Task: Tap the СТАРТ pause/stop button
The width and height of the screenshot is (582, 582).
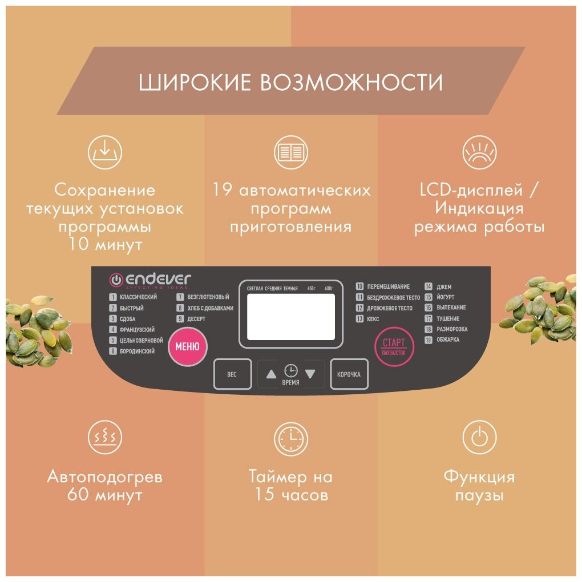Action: pyautogui.click(x=394, y=346)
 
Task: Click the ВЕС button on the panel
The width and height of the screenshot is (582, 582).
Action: pyautogui.click(x=232, y=375)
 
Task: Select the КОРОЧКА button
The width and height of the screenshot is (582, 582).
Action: pyautogui.click(x=349, y=375)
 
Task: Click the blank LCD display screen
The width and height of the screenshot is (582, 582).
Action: pyautogui.click(x=291, y=317)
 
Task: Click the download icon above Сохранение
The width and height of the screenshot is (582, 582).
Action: pyautogui.click(x=105, y=153)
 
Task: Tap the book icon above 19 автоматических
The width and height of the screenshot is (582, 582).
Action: pyautogui.click(x=290, y=152)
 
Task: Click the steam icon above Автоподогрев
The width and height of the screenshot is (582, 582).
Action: pyautogui.click(x=105, y=438)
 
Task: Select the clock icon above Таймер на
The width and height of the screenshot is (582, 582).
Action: pyautogui.click(x=290, y=438)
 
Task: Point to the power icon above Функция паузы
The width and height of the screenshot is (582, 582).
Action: pyautogui.click(x=479, y=438)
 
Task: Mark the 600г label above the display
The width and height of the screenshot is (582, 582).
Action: pyautogui.click(x=329, y=289)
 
